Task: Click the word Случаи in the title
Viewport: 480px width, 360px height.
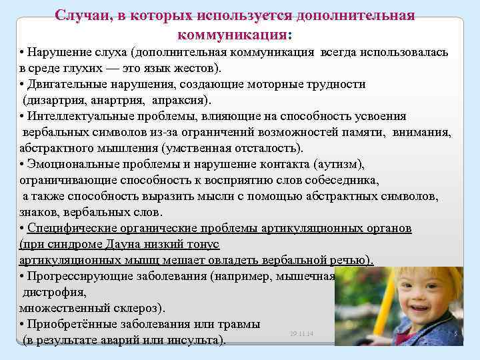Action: (80, 15)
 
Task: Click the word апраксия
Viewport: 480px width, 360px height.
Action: (182, 101)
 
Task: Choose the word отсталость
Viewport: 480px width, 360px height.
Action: (263, 148)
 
